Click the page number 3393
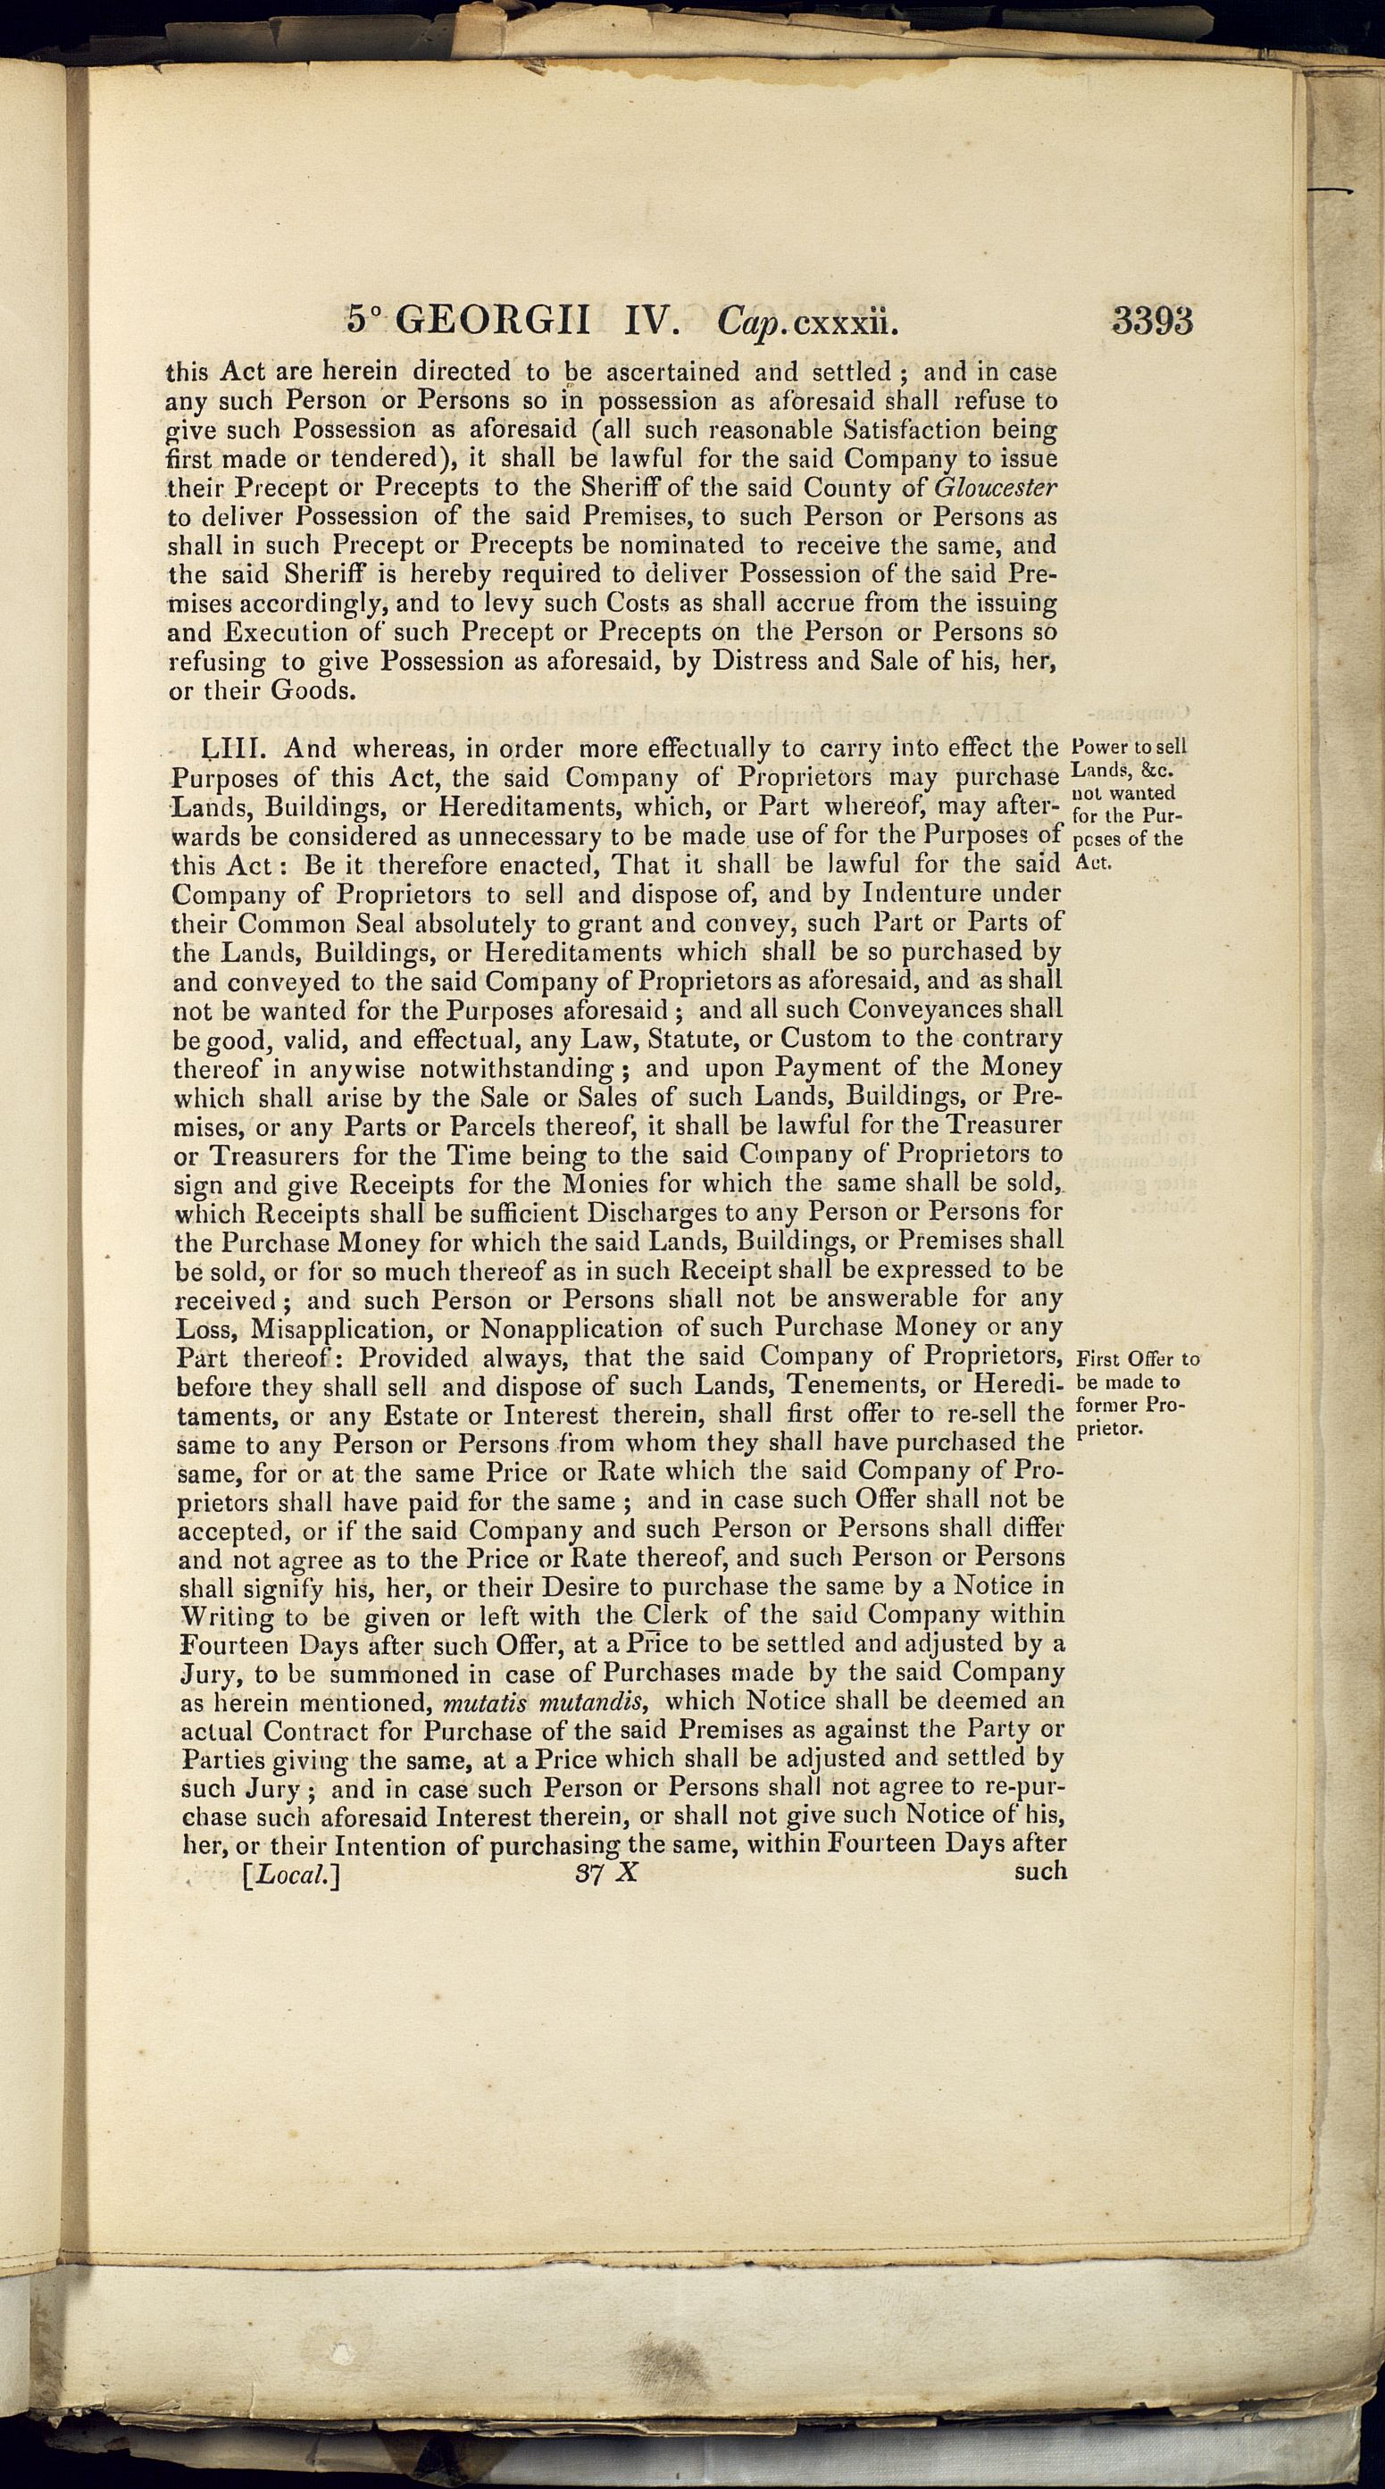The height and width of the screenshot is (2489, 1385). (1151, 320)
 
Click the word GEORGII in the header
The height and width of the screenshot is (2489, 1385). (502, 321)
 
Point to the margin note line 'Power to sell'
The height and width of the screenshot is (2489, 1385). (1129, 748)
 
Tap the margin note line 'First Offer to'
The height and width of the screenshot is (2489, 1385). (1136, 1358)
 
